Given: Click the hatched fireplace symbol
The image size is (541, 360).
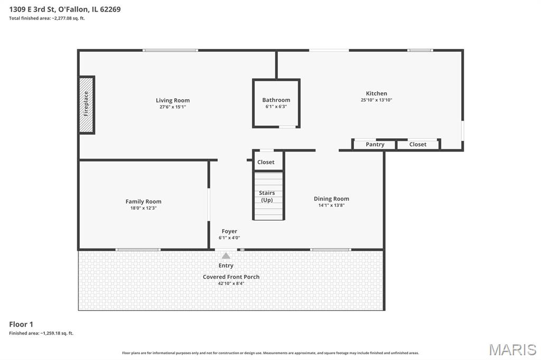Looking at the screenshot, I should [x=87, y=105].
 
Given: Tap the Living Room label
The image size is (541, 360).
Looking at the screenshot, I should [x=173, y=100].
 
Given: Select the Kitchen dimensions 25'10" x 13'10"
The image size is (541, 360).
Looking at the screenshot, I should [x=376, y=100].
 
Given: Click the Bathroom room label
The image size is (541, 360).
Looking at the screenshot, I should [x=276, y=100].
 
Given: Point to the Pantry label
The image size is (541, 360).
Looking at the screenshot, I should [x=375, y=145].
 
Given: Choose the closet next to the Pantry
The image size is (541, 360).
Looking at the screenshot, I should [x=418, y=145].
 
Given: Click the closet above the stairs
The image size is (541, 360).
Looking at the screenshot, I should [x=266, y=162].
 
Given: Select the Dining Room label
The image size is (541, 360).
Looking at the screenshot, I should [x=331, y=199].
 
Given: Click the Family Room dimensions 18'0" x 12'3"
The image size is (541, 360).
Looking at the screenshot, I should [x=143, y=208].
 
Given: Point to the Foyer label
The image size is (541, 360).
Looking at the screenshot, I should [x=229, y=231].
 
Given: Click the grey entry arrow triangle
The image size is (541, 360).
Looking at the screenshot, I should [x=226, y=255].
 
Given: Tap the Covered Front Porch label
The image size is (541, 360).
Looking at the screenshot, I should [x=231, y=277].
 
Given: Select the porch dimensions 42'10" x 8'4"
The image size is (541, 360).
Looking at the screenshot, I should [x=231, y=283].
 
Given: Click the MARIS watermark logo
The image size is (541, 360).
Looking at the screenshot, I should [x=512, y=349].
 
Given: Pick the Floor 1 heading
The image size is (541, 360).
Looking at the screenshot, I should [x=21, y=324].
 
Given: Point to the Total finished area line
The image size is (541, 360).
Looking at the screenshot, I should [x=47, y=18].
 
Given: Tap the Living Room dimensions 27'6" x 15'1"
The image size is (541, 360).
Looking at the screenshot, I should [x=173, y=107].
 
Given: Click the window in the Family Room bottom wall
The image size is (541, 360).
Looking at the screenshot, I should [x=138, y=249].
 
